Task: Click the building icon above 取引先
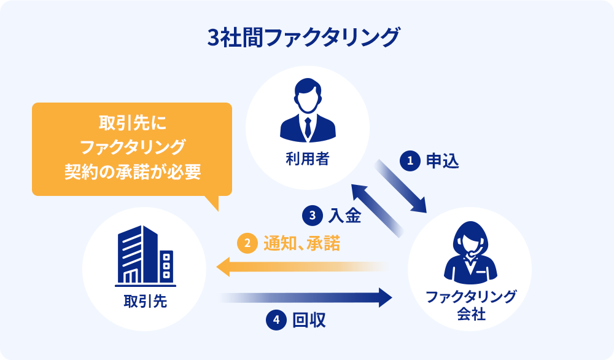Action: (145, 257)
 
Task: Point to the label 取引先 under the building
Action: (145, 302)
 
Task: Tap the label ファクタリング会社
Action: (471, 306)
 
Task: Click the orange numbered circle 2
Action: (246, 243)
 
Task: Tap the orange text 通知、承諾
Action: (301, 243)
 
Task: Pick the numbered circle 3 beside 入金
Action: (312, 216)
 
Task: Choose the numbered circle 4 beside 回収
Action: (276, 319)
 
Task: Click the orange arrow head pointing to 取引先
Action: (223, 267)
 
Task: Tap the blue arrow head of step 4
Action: (385, 297)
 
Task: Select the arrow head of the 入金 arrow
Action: (359, 190)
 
